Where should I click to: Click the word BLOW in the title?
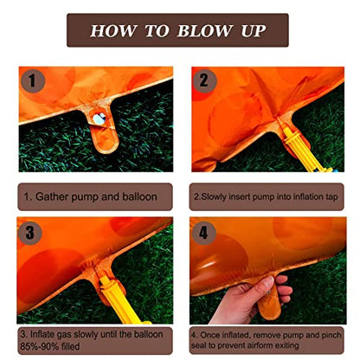[x=204, y=30]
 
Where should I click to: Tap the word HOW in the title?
[x=112, y=30]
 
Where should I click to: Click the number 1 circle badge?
[x=33, y=81]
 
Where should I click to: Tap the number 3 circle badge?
[x=30, y=233]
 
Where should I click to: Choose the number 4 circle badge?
[x=203, y=233]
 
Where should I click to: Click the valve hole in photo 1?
[x=100, y=119]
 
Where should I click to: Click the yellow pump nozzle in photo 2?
[x=303, y=150]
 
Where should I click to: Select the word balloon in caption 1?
[x=139, y=196]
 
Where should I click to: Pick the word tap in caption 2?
[x=331, y=197]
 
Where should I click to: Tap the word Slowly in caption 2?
[x=214, y=197]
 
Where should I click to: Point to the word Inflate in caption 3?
[x=42, y=335]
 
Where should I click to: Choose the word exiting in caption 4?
[x=285, y=345]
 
